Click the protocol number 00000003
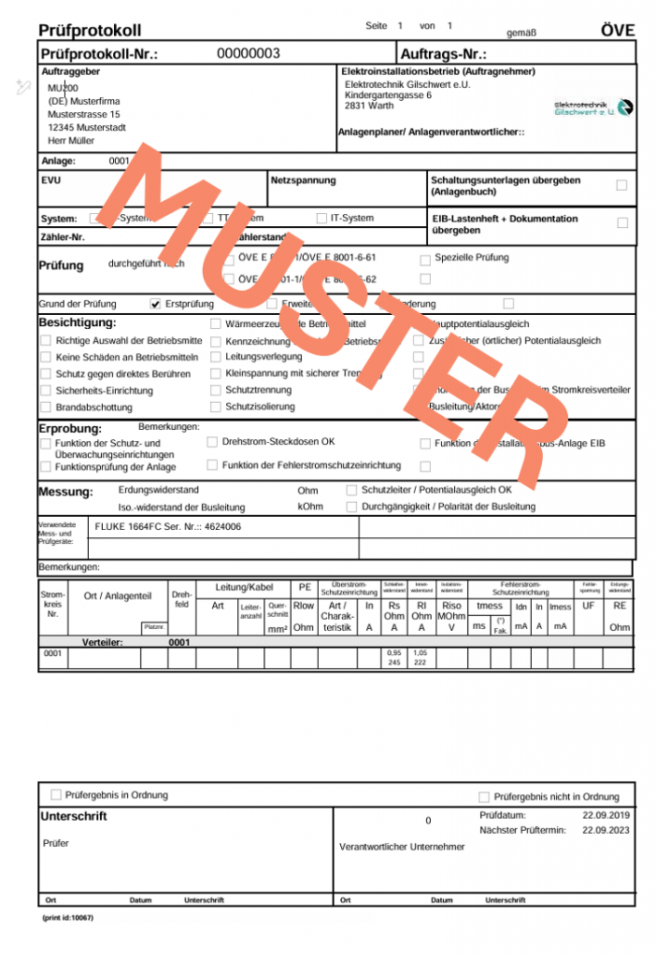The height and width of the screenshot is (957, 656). click(249, 53)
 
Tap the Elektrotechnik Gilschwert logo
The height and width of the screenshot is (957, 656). click(592, 107)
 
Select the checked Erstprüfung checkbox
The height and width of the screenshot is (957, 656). click(155, 304)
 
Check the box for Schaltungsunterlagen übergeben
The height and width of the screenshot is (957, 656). click(621, 185)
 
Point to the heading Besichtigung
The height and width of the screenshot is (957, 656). click(78, 322)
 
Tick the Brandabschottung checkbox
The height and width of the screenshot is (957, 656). click(45, 407)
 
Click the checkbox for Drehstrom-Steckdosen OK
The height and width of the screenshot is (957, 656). click(212, 441)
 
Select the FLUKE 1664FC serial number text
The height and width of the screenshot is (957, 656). click(168, 527)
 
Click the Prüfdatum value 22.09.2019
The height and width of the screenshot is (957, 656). click(606, 816)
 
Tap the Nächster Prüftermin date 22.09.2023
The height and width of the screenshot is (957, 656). click(606, 830)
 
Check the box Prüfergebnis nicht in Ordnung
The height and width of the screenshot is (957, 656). click(483, 797)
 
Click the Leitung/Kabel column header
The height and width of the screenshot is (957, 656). click(244, 587)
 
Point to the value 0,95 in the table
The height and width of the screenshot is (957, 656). click(394, 651)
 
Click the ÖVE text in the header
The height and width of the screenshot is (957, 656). click(617, 31)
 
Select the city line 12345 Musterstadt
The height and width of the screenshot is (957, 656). click(87, 128)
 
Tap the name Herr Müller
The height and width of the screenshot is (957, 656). click(71, 141)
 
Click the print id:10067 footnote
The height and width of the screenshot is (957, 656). click(68, 918)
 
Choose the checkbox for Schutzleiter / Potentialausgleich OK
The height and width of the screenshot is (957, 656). click(351, 490)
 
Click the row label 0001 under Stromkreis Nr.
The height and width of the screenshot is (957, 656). click(52, 653)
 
